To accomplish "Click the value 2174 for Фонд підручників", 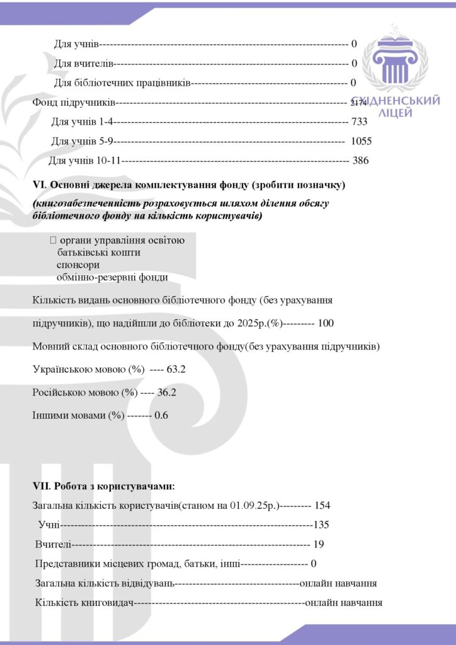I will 359,103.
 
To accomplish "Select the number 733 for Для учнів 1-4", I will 360,122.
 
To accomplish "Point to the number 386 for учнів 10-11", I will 360,161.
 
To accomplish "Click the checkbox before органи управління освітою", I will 52,240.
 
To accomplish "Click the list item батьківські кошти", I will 98,252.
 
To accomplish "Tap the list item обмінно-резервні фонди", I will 112,277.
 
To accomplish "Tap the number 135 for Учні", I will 322,525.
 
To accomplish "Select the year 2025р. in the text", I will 252,323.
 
